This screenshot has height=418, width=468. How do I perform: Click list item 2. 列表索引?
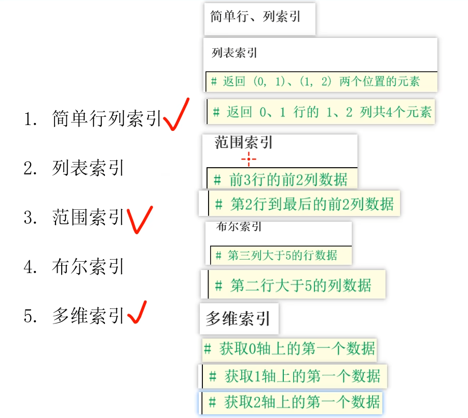[x=88, y=168]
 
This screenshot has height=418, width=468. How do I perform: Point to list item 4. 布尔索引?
[x=88, y=267]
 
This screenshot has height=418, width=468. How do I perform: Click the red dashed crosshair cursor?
[x=248, y=159]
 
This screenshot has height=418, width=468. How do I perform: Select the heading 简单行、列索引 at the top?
[x=255, y=16]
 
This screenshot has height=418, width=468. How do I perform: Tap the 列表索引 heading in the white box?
[x=235, y=52]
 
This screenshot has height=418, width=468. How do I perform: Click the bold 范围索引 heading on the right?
[x=244, y=143]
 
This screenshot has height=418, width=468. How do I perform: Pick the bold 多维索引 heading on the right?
[x=238, y=319]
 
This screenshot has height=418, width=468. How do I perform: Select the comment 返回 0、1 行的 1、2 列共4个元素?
[x=322, y=112]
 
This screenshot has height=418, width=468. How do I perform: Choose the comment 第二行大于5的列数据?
[x=294, y=285]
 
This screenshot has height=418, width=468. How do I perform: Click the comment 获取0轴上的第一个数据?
[x=290, y=348]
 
